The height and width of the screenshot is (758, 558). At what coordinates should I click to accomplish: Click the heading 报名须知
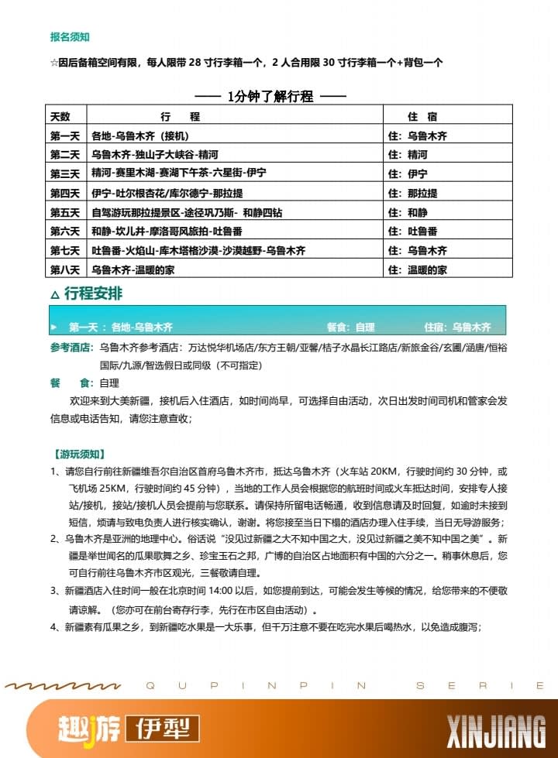[x=69, y=36]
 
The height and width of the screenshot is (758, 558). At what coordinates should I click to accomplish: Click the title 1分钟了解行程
[x=270, y=97]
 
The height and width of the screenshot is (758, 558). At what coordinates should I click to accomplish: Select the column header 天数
[x=60, y=117]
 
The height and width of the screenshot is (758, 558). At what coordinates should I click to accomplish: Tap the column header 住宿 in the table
[x=422, y=117]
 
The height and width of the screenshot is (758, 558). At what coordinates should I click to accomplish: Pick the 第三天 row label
[x=65, y=173]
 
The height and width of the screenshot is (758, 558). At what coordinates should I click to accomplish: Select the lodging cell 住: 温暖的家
[x=418, y=269]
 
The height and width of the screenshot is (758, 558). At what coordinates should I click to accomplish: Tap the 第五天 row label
[x=65, y=212]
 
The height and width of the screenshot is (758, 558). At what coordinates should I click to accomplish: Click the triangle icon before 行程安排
[x=53, y=296]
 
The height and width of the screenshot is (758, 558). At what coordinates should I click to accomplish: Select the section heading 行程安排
[x=93, y=294]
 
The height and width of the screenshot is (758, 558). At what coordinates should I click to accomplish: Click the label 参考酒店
[x=70, y=348]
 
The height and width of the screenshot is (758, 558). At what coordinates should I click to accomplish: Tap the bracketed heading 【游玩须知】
[x=78, y=454]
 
